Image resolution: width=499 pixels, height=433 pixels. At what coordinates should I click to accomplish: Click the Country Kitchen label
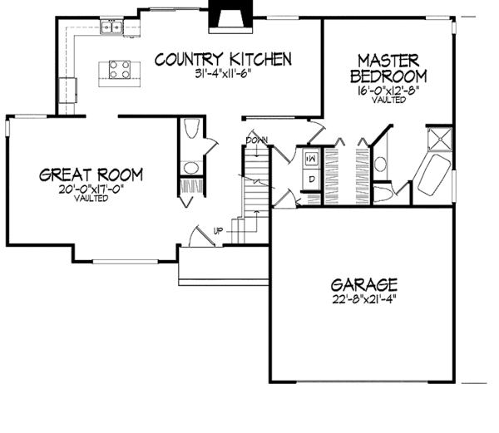pyautogui.click(x=223, y=59)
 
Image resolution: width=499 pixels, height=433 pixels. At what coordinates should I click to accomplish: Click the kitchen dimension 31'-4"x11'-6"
pyautogui.click(x=223, y=74)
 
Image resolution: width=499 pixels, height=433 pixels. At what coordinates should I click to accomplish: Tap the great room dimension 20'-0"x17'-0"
pyautogui.click(x=91, y=189)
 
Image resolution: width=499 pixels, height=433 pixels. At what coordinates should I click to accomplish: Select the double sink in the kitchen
pyautogui.click(x=112, y=30)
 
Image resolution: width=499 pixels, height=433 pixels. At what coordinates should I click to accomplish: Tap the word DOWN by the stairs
pyautogui.click(x=257, y=140)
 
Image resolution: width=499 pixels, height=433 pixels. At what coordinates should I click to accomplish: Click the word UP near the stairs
pyautogui.click(x=218, y=230)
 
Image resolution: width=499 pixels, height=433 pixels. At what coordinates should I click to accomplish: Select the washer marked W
pyautogui.click(x=309, y=156)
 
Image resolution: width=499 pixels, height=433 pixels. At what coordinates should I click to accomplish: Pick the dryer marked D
pyautogui.click(x=309, y=177)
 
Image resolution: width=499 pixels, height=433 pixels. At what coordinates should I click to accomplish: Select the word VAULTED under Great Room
pyautogui.click(x=91, y=199)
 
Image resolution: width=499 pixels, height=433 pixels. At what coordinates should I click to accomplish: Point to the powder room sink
pyautogui.click(x=190, y=170)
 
